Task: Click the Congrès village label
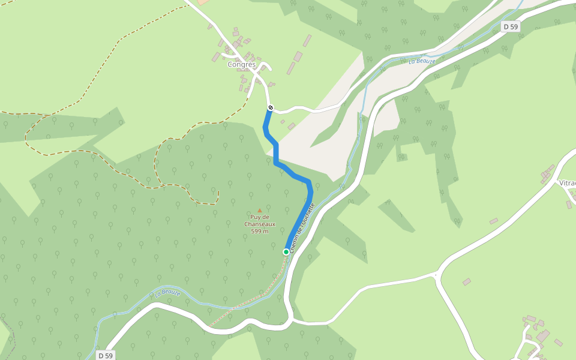pyautogui.click(x=242, y=65)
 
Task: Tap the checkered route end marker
pyautogui.click(x=270, y=108)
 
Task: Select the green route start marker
pyautogui.click(x=286, y=252)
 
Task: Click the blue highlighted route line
pyautogui.click(x=276, y=153)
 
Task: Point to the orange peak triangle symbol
pyautogui.click(x=259, y=210)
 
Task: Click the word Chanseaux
pyautogui.click(x=260, y=224)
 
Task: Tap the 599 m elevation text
pyautogui.click(x=260, y=231)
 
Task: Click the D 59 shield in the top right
pyautogui.click(x=511, y=26)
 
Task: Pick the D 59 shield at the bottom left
pyautogui.click(x=105, y=355)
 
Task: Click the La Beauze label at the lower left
pyautogui.click(x=167, y=293)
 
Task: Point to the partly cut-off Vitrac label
pyautogui.click(x=567, y=183)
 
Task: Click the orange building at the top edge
pyautogui.click(x=202, y=2)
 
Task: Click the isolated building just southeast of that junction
pyautogui.click(x=466, y=281)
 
